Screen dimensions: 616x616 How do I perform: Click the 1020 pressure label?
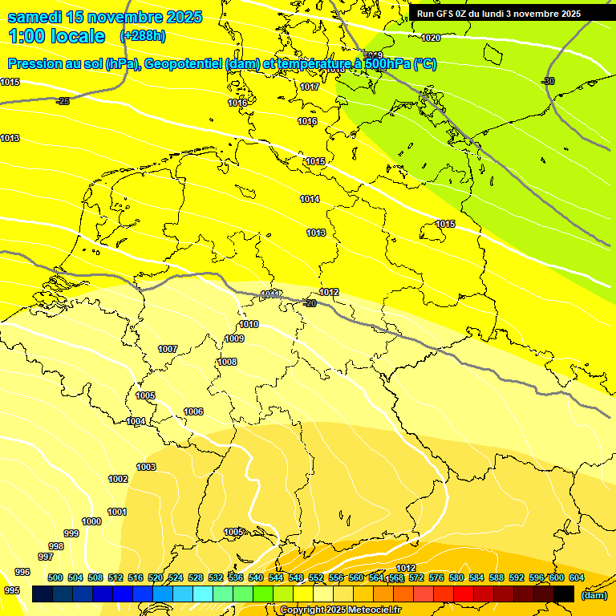point(431,38)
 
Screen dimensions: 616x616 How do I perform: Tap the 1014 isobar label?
point(310,199)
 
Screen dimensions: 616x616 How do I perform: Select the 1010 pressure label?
point(249,324)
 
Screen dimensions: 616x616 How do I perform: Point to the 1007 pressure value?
point(167,349)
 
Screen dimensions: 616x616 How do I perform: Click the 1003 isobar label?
point(146,467)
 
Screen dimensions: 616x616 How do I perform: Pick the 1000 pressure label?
point(91,521)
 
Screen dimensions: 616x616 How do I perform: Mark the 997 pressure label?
point(46,557)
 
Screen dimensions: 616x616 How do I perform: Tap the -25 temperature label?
point(63,101)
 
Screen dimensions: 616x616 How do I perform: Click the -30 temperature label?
point(548,81)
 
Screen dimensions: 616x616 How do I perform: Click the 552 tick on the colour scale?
point(316,577)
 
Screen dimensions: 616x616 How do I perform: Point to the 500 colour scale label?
point(55,577)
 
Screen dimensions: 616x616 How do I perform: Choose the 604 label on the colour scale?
point(576,577)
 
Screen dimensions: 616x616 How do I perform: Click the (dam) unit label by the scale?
point(594,595)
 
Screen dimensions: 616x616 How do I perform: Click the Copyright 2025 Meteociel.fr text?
point(340,610)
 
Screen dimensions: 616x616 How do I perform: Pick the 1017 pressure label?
point(310,87)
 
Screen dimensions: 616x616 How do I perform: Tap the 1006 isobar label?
point(193,411)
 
